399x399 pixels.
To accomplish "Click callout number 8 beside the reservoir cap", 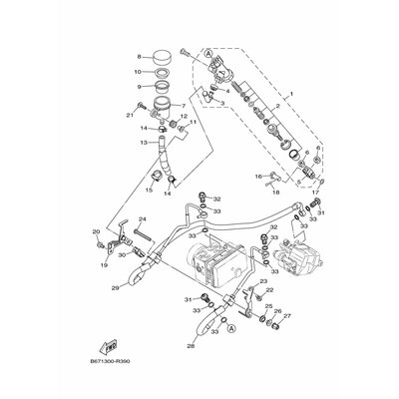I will pyautogui.click(x=139, y=56).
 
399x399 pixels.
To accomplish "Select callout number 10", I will pyautogui.click(x=138, y=72).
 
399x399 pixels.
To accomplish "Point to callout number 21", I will pyautogui.click(x=131, y=116).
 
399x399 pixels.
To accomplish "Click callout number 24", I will pyautogui.click(x=143, y=219).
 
